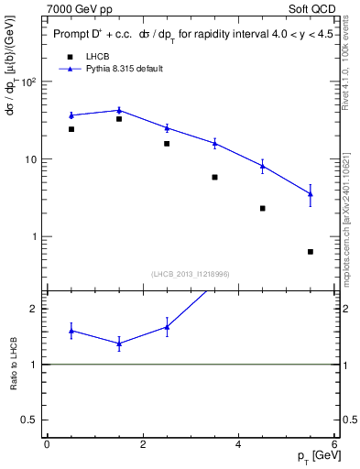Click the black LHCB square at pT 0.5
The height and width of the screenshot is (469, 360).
[71, 129]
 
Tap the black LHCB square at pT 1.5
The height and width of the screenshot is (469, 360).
[119, 119]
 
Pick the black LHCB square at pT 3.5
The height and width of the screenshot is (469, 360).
[214, 177]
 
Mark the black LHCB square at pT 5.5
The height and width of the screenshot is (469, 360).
[311, 252]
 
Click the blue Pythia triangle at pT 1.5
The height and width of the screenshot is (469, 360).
[119, 110]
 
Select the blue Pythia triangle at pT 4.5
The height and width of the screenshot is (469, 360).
[263, 165]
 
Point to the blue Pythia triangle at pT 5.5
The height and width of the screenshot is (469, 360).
[311, 193]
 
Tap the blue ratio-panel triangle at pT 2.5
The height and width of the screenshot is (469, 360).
[167, 326]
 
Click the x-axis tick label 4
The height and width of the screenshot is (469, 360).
[238, 444]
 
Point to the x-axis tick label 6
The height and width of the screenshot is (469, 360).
[334, 444]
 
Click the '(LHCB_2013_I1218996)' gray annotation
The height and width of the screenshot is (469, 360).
[190, 274]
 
